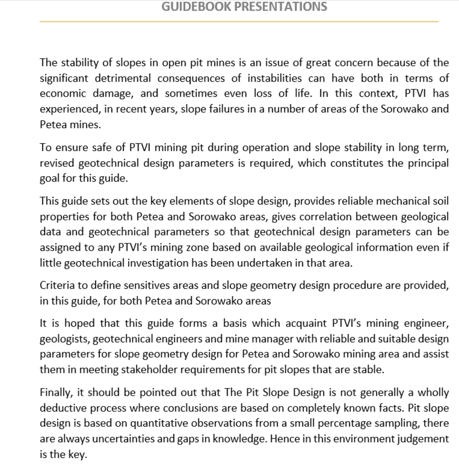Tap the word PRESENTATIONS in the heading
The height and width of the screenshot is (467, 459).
coord(281,7)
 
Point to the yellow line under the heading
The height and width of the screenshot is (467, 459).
coord(239,21)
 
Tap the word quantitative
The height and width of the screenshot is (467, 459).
coord(145,423)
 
